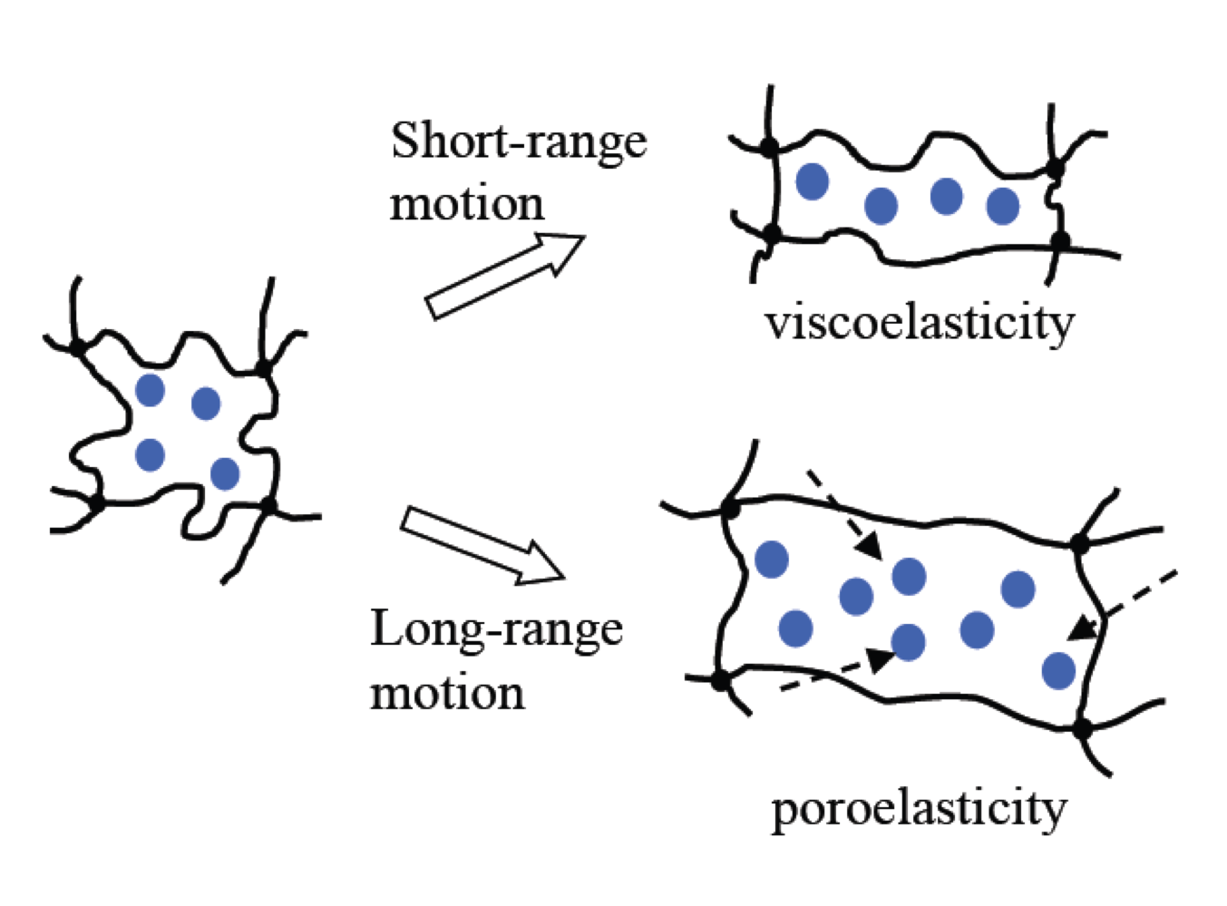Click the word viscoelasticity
pyautogui.click(x=919, y=323)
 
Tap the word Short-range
pyautogui.click(x=519, y=141)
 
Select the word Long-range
pyautogui.click(x=496, y=629)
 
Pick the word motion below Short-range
pyautogui.click(x=467, y=203)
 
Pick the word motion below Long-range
pyautogui.click(x=447, y=693)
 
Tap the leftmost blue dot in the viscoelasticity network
pyautogui.click(x=812, y=181)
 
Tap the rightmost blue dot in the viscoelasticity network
pyautogui.click(x=1002, y=206)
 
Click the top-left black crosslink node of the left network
pyautogui.click(x=78, y=346)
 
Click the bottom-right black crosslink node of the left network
pyautogui.click(x=268, y=504)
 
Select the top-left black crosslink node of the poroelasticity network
pyautogui.click(x=729, y=509)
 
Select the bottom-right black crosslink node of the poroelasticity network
pyautogui.click(x=1082, y=727)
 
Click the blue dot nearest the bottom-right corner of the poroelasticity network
pyautogui.click(x=1058, y=671)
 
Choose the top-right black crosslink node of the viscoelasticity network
pyautogui.click(x=1055, y=169)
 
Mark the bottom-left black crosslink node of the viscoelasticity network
pyautogui.click(x=772, y=234)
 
